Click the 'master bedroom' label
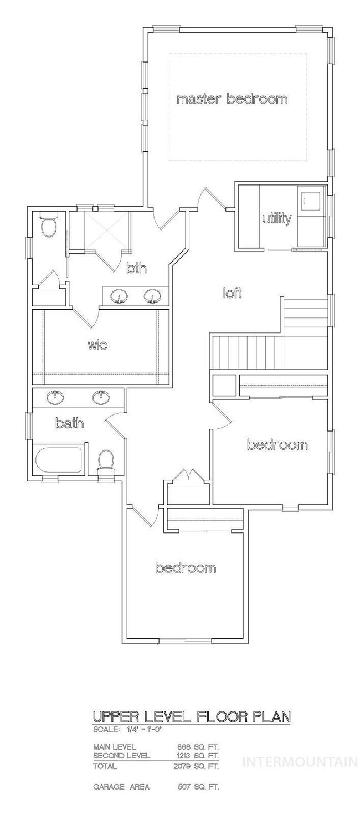232,99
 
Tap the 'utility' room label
277,218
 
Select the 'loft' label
232,293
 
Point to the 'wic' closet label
98,345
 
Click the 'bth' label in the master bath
136,268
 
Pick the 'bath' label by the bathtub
69,423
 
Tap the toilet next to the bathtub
106,462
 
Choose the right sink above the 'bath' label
101,397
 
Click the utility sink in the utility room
310,200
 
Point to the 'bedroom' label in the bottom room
186,567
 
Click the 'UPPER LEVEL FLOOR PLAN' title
192,717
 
